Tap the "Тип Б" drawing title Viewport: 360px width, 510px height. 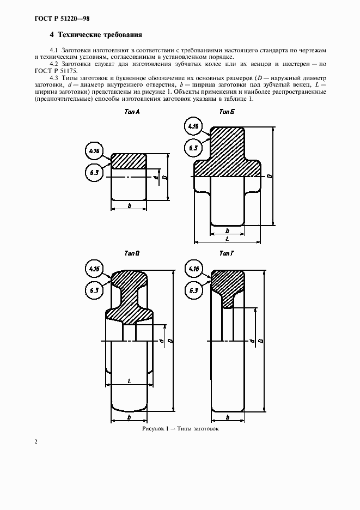click(x=227, y=112)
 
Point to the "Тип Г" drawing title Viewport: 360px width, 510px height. click(x=227, y=253)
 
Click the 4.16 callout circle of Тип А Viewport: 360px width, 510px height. click(x=94, y=150)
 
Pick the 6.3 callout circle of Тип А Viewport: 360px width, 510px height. click(x=94, y=173)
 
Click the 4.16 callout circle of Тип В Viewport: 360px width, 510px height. click(x=94, y=268)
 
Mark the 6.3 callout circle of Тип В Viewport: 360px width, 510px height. click(x=94, y=290)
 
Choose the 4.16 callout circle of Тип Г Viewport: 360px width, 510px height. click(x=193, y=268)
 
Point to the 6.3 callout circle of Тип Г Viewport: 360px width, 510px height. click(x=193, y=290)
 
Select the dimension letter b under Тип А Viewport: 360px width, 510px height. click(x=129, y=205)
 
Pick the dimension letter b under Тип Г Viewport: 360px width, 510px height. click(x=227, y=417)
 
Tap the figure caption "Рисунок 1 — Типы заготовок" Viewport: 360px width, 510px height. click(x=180, y=429)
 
